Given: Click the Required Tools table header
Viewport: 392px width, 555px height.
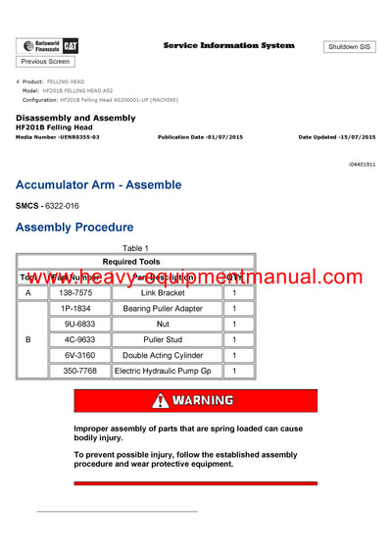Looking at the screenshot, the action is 136,262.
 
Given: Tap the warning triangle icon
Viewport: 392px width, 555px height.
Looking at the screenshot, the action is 160,401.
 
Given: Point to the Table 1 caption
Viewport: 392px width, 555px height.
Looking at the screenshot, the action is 131,248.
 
